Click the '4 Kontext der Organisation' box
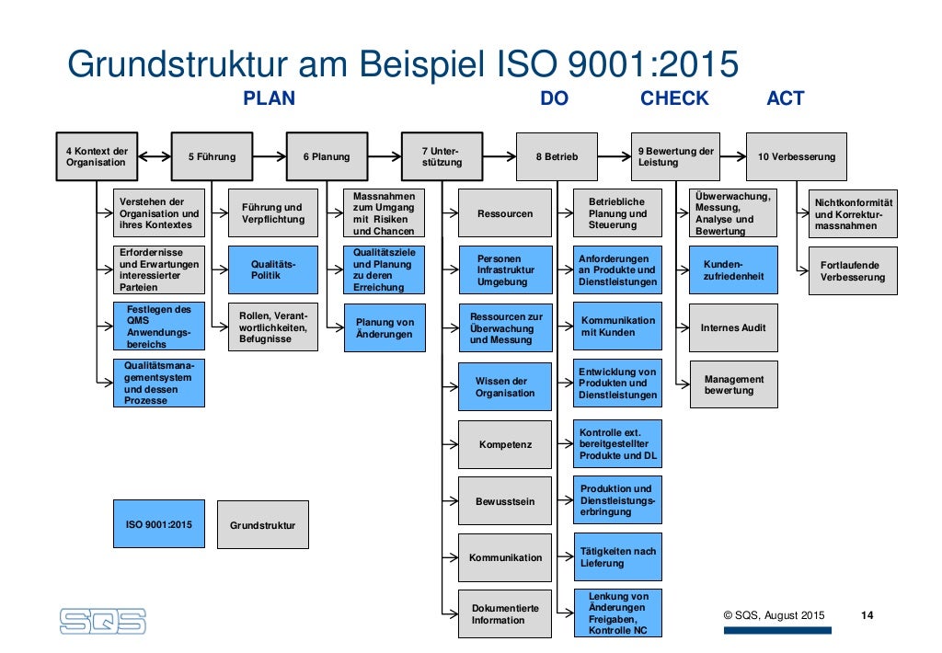(96, 156)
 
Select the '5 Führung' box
(212, 156)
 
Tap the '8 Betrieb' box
(557, 156)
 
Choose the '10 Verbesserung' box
(796, 156)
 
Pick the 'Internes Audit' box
(732, 327)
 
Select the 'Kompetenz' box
(505, 445)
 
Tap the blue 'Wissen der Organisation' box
(505, 387)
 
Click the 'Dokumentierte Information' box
(505, 613)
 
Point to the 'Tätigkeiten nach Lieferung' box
(617, 556)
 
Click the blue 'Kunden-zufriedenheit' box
(732, 269)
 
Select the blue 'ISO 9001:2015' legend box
(159, 524)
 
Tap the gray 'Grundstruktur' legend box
(263, 525)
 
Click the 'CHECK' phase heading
(674, 98)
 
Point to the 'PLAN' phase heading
(269, 98)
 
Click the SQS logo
(102, 620)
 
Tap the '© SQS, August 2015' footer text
(774, 615)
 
